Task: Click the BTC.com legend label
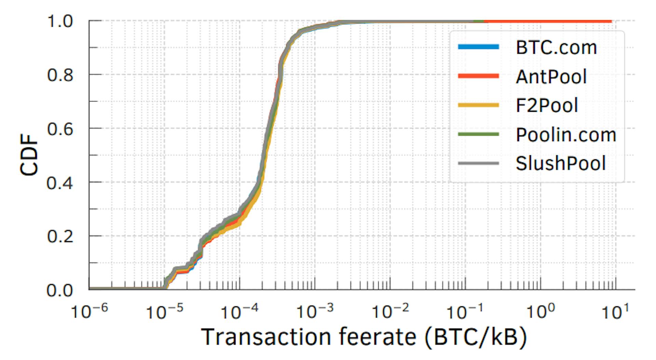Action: click(x=556, y=48)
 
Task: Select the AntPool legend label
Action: click(x=551, y=76)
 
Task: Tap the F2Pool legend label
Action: click(x=547, y=105)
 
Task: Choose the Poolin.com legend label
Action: click(x=566, y=135)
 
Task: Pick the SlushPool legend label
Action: click(x=560, y=163)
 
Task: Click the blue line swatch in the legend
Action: click(x=478, y=47)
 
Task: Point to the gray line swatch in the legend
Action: click(x=478, y=163)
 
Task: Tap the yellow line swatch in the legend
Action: click(x=478, y=105)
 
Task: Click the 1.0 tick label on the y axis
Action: click(x=60, y=22)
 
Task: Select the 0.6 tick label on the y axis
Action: click(x=60, y=129)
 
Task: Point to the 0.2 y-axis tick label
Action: click(x=60, y=236)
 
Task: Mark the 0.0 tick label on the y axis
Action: click(x=60, y=290)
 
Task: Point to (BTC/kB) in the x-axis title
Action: click(x=476, y=337)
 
